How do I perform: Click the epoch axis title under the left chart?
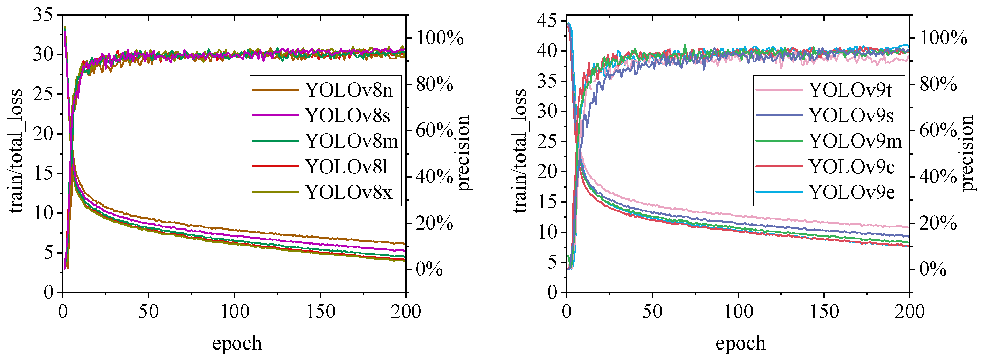237,343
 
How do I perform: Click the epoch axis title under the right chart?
740,343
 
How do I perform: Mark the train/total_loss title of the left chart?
16,151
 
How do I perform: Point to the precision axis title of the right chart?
967,153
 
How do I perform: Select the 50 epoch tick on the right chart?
652,312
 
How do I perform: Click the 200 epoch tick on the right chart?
910,312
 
